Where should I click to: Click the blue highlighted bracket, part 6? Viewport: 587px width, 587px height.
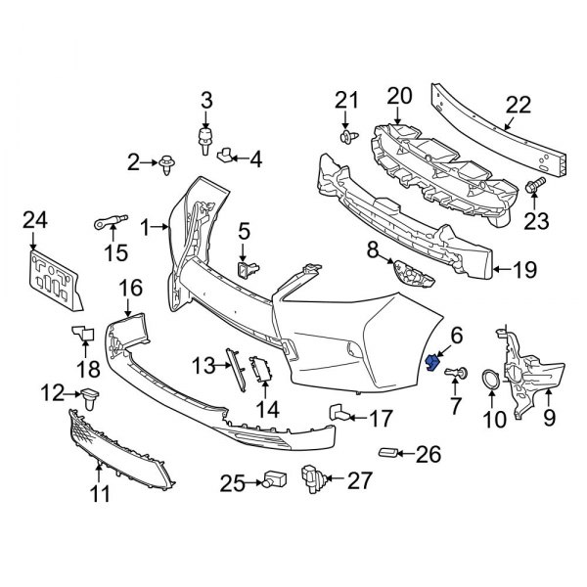click(430, 364)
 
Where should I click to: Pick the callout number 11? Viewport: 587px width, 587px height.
click(101, 495)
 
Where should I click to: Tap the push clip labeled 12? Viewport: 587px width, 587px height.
click(94, 396)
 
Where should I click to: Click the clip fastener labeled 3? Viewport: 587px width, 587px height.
click(205, 137)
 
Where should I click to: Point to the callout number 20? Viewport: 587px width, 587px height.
click(399, 96)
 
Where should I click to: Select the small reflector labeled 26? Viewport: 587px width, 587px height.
click(389, 453)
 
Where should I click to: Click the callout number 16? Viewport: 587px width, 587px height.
click(130, 288)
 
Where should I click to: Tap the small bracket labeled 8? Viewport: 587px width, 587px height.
click(412, 273)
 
